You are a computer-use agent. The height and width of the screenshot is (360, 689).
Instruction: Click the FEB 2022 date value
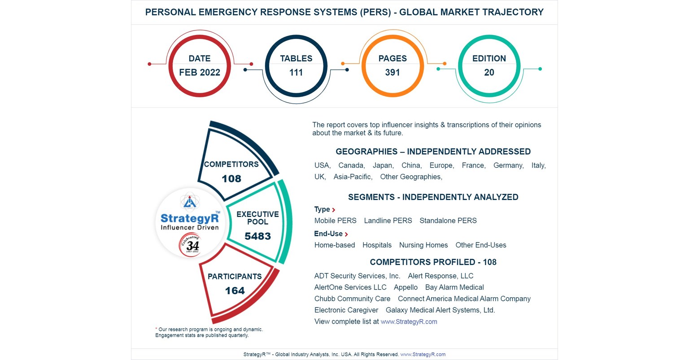pos(200,73)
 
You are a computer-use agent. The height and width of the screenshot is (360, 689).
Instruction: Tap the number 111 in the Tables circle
pos(296,73)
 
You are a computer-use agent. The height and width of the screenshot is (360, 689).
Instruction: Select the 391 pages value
pos(392,73)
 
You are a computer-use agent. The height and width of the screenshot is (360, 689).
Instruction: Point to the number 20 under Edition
pos(489,73)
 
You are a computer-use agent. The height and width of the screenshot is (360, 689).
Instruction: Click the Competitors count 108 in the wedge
pos(231,179)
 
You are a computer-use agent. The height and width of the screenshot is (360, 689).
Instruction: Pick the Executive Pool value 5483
pos(257,236)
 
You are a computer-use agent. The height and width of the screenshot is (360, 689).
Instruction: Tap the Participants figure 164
pos(235,291)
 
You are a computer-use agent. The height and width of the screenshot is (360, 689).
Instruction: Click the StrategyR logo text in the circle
pos(190,218)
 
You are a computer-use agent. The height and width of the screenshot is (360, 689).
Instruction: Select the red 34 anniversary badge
pos(190,245)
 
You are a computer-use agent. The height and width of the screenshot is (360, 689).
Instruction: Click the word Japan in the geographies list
pos(383,165)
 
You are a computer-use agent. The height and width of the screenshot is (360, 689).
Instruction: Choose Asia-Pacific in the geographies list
pos(353,177)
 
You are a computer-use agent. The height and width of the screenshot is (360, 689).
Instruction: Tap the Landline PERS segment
pos(388,221)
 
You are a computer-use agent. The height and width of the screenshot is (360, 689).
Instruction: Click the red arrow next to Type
pos(334,210)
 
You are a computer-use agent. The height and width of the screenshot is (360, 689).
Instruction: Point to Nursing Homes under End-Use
pos(423,245)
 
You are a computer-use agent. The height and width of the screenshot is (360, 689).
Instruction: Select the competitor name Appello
pos(406,287)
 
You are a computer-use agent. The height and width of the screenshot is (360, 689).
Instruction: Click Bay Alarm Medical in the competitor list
pos(454,287)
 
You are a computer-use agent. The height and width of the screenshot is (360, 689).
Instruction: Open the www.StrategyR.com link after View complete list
pos(409,321)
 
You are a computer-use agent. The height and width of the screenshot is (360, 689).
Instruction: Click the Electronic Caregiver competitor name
pos(346,310)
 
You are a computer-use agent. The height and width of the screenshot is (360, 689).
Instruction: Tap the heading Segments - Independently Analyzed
pos(433,197)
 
